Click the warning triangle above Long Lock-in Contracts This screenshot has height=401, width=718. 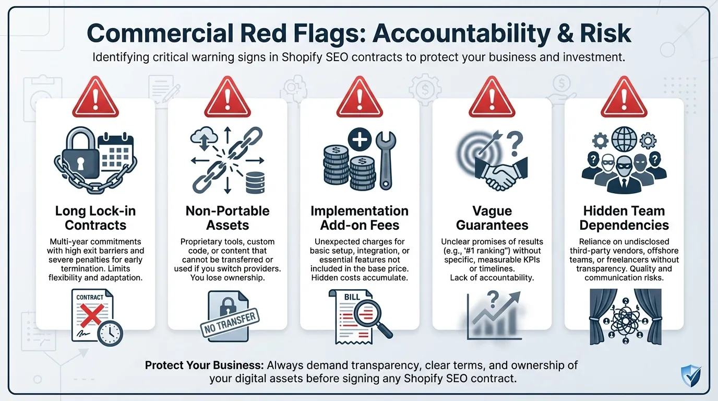[95, 98]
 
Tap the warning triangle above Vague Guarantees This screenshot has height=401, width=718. [492, 98]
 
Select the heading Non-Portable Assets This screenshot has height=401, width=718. [228, 218]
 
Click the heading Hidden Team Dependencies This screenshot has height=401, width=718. [624, 218]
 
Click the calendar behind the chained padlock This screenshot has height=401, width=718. [115, 151]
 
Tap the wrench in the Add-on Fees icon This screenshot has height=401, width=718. [386, 159]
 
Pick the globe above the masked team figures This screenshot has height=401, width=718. [624, 140]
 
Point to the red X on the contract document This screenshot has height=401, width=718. [89, 315]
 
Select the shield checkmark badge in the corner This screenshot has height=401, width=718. [691, 376]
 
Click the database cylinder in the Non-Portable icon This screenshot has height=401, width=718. [257, 182]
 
